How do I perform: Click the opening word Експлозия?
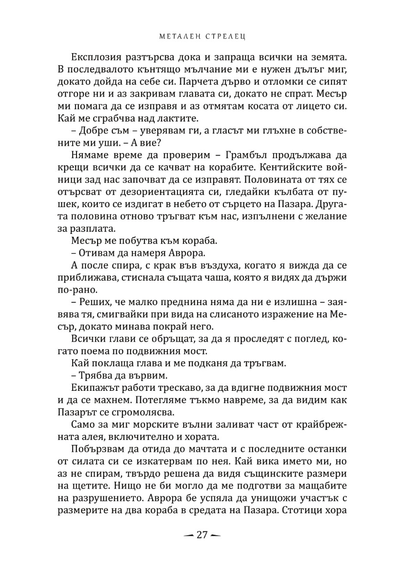[x=95, y=56]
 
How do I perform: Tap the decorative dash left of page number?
[x=185, y=548]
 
